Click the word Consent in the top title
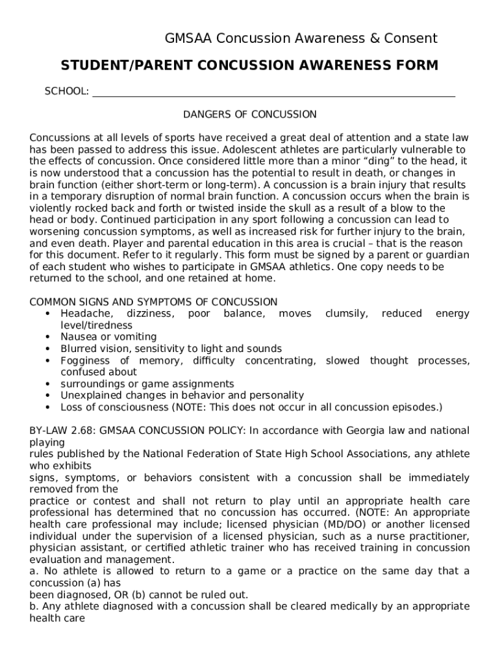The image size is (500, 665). pyautogui.click(x=411, y=38)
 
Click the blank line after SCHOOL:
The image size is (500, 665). pyautogui.click(x=273, y=92)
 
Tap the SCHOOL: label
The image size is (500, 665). pyautogui.click(x=66, y=92)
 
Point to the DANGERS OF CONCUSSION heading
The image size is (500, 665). pyautogui.click(x=249, y=115)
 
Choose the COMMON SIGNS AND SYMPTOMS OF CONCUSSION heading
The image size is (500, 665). pyautogui.click(x=153, y=302)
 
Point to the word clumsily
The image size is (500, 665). pyautogui.click(x=346, y=314)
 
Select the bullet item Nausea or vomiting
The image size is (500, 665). pyautogui.click(x=108, y=337)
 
